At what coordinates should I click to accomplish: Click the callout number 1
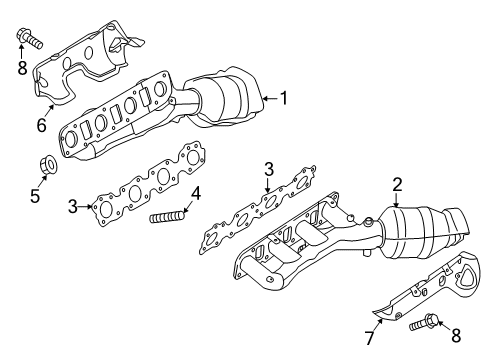pyautogui.click(x=284, y=98)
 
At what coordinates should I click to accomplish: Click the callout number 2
pyautogui.click(x=397, y=184)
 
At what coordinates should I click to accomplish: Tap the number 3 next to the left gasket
pyautogui.click(x=73, y=207)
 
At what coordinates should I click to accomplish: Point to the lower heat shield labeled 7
pyautogui.click(x=420, y=300)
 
